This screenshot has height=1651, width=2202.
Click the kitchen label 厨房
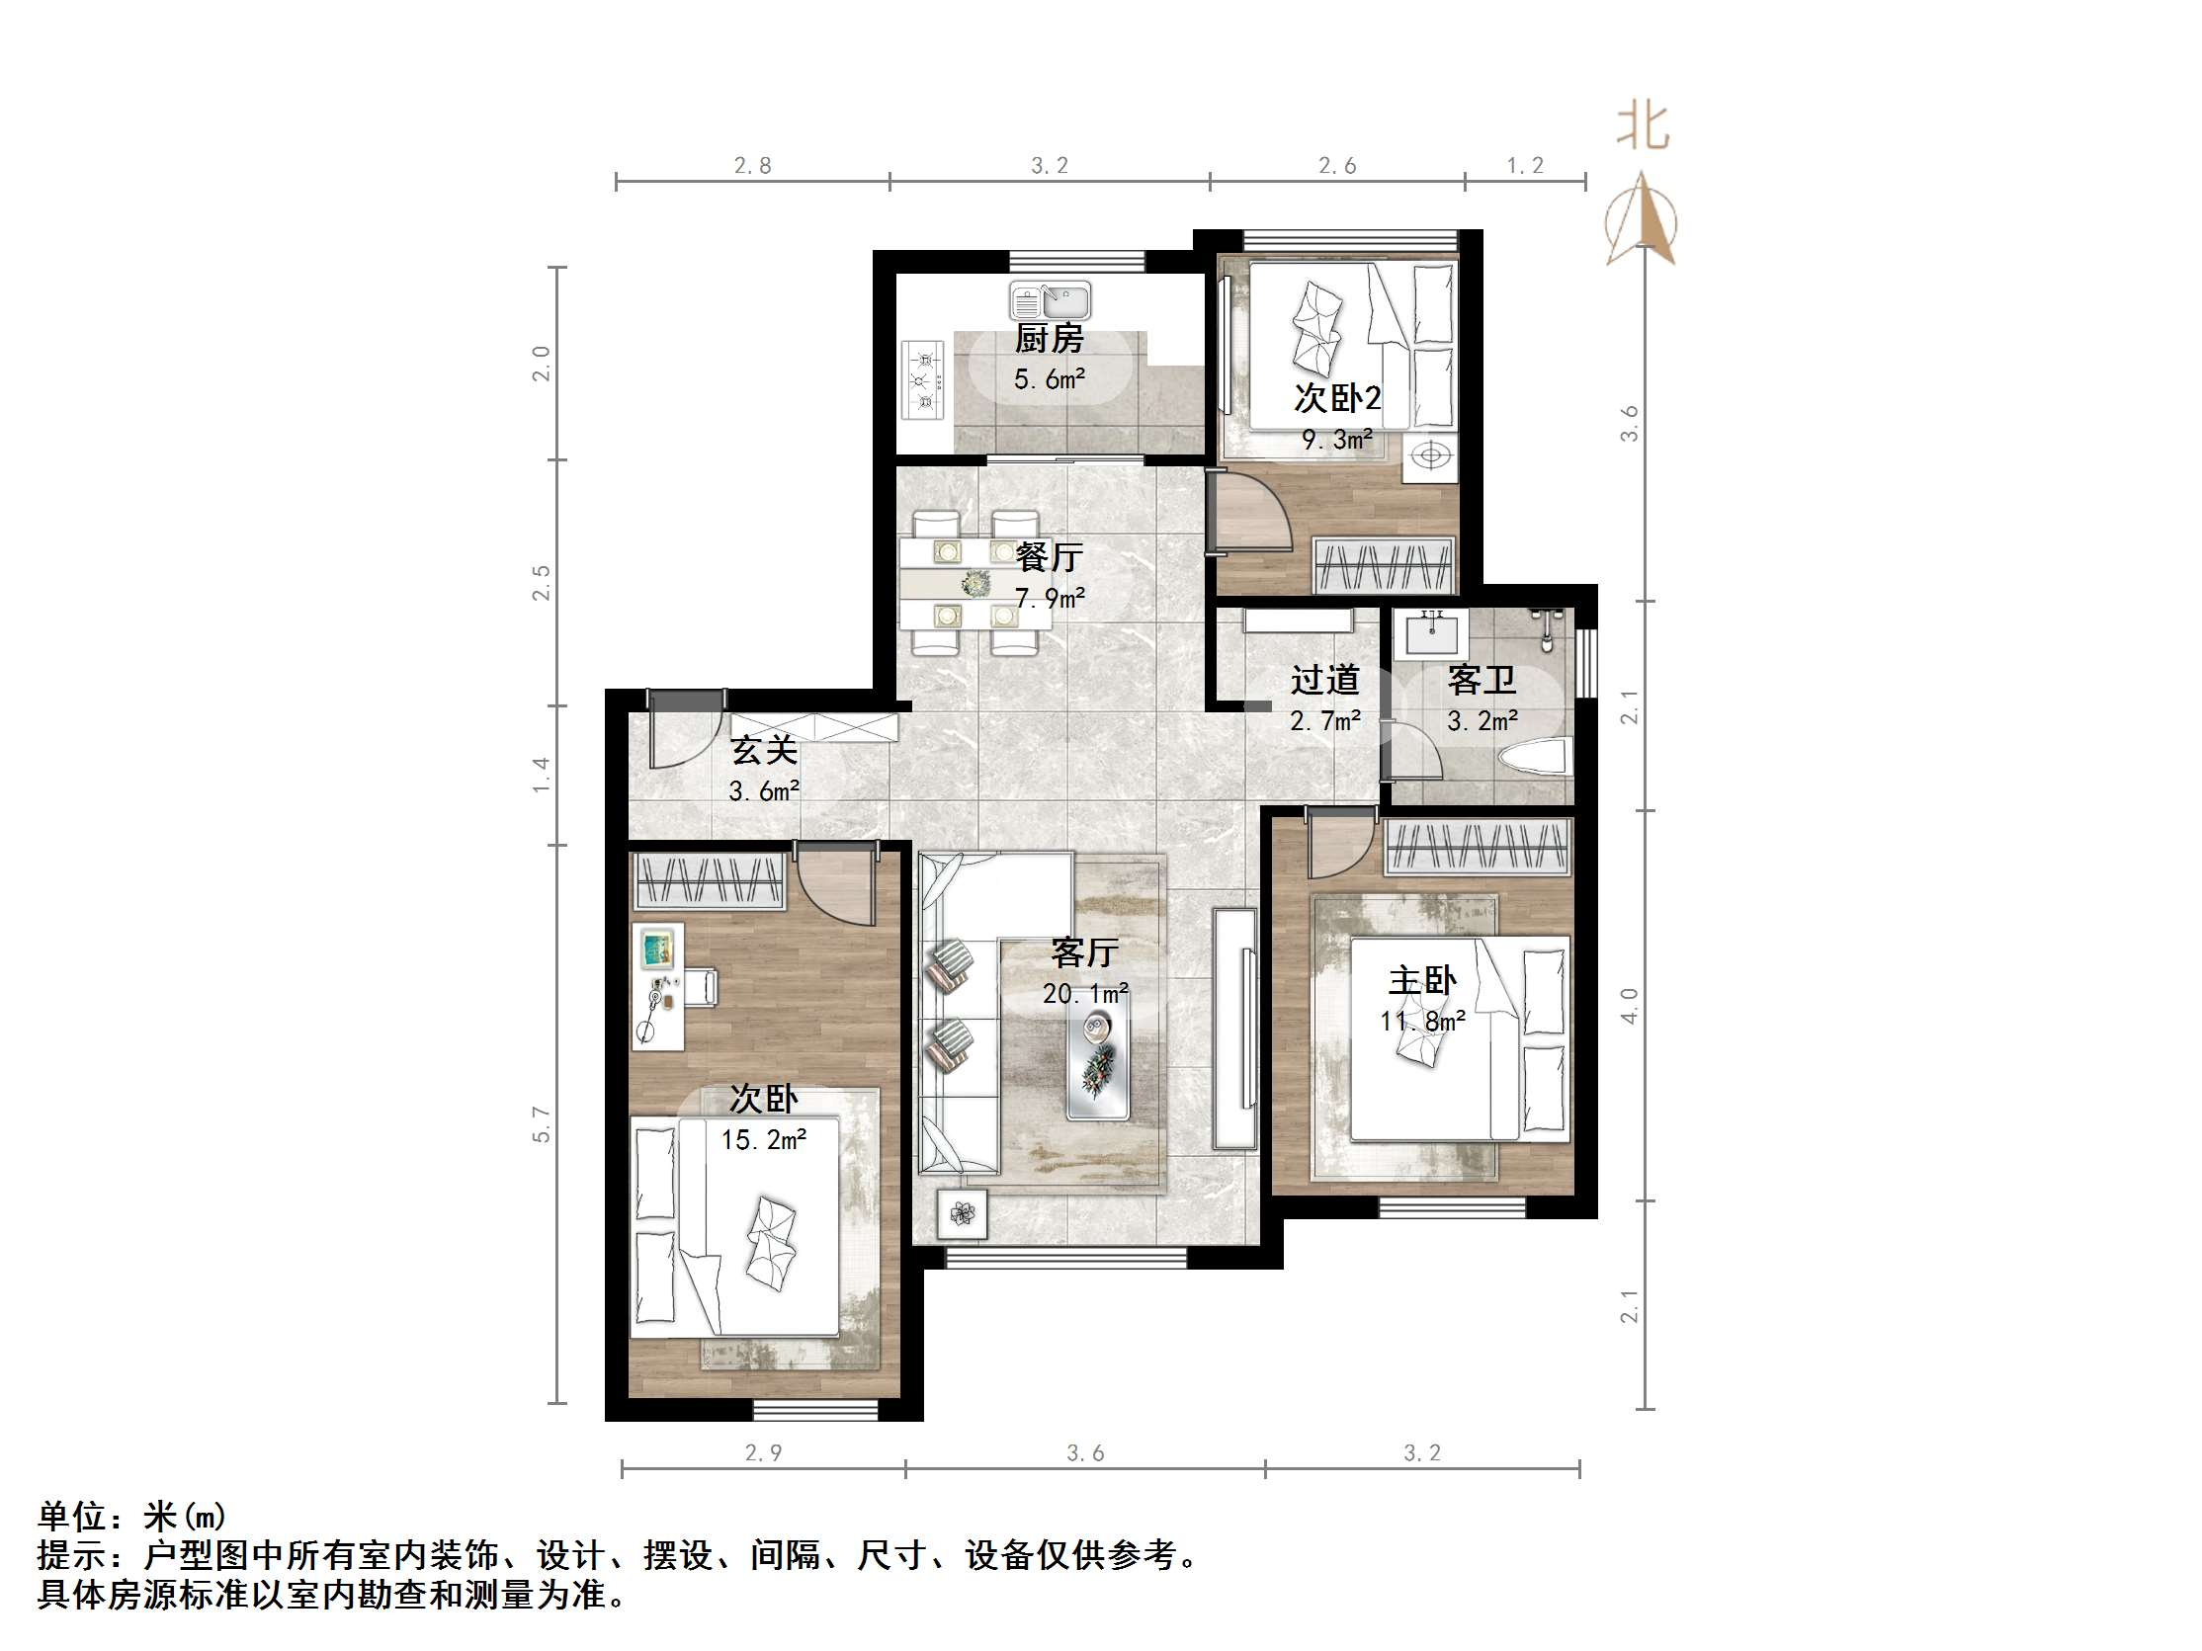(x=1049, y=339)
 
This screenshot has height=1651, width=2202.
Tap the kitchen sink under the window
(x=1051, y=299)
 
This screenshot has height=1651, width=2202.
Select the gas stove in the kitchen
(x=924, y=380)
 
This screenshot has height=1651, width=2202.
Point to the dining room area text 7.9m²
(x=1050, y=598)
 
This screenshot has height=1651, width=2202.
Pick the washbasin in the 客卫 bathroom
(x=1431, y=632)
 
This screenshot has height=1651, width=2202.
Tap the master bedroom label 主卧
(x=1421, y=981)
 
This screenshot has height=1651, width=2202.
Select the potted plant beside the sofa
(x=962, y=1213)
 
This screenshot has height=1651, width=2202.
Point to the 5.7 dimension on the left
(x=541, y=1123)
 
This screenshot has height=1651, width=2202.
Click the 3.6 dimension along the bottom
(x=1085, y=1453)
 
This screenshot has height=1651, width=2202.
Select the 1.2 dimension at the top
(x=1524, y=165)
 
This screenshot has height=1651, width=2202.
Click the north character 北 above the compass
(x=1642, y=127)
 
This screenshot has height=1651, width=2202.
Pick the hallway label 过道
(x=1325, y=680)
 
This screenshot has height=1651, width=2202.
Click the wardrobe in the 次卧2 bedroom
(x=1384, y=565)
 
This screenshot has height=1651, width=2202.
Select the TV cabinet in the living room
(x=1234, y=1028)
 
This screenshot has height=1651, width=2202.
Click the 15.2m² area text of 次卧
(x=764, y=1139)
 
